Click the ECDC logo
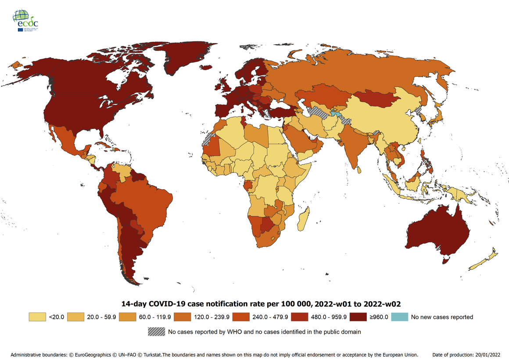pyautogui.click(x=25, y=21)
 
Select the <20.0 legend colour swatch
pyautogui.click(x=37, y=317)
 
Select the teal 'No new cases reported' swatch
pyautogui.click(x=400, y=317)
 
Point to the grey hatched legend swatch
pyautogui.click(x=157, y=332)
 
